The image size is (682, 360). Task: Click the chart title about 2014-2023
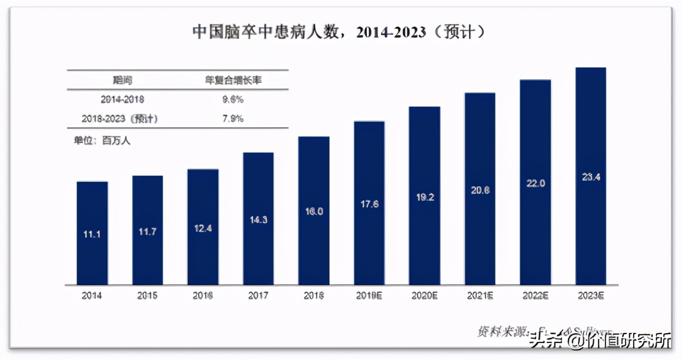click(x=340, y=32)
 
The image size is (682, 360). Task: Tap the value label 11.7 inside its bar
click(x=148, y=231)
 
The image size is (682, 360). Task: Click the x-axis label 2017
click(x=258, y=295)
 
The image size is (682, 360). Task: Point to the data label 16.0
click(x=313, y=211)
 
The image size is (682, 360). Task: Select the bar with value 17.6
click(x=369, y=203)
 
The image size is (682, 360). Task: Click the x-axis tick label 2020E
click(x=424, y=295)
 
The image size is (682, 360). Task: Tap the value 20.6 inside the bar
click(x=480, y=190)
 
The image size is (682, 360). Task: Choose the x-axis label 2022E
click(x=535, y=295)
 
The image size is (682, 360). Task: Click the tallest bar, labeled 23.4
click(x=590, y=176)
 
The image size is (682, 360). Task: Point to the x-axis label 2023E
click(x=590, y=295)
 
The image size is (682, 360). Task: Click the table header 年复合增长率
click(x=233, y=80)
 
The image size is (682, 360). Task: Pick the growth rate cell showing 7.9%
click(x=233, y=119)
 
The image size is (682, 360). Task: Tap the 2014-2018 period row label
click(x=122, y=99)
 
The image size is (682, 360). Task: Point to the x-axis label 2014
click(x=92, y=295)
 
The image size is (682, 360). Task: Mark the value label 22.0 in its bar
click(x=535, y=184)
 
